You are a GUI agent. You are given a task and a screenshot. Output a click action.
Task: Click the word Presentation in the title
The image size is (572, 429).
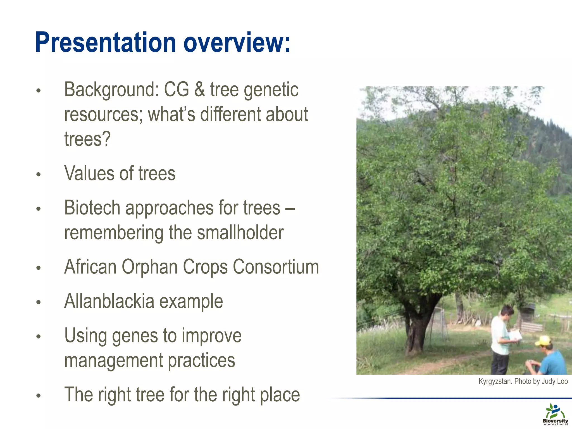105,42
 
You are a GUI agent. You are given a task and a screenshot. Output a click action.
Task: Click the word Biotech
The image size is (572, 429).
92,208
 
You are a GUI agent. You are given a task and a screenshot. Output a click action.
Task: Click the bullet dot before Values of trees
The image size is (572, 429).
39,175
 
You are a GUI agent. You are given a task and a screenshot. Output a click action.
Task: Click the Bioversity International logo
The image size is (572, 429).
555,414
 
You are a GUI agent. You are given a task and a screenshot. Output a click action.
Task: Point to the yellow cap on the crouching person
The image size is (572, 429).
543,340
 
